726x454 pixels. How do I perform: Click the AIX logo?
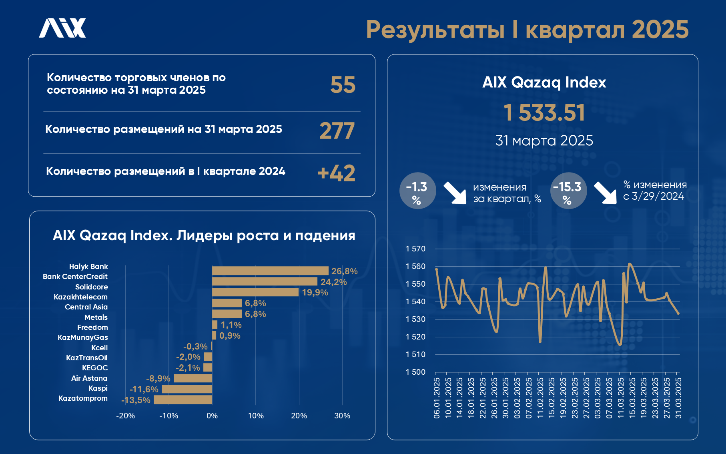pos(62,28)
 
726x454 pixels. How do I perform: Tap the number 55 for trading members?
pos(343,85)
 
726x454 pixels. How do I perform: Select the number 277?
pos(337,131)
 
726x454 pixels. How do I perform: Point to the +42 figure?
pos(336,173)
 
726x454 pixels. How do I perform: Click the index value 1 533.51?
pos(544,112)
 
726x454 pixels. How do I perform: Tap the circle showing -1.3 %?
pos(417,191)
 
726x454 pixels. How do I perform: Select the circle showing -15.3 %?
pos(568,191)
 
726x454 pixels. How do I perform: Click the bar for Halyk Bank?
pos(270,271)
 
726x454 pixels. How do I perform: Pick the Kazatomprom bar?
pos(183,400)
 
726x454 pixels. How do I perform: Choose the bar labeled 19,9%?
pos(255,292)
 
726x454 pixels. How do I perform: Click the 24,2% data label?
pos(333,282)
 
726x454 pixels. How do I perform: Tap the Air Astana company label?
pos(89,378)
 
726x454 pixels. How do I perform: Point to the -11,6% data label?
pos(144,389)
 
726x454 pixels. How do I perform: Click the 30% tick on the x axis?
pos(342,416)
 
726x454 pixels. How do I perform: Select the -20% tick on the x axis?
pos(125,416)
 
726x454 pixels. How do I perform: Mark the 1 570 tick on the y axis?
pos(415,249)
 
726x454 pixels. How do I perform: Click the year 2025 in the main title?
pos(660,30)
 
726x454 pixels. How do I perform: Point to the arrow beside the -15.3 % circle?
pos(605,193)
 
